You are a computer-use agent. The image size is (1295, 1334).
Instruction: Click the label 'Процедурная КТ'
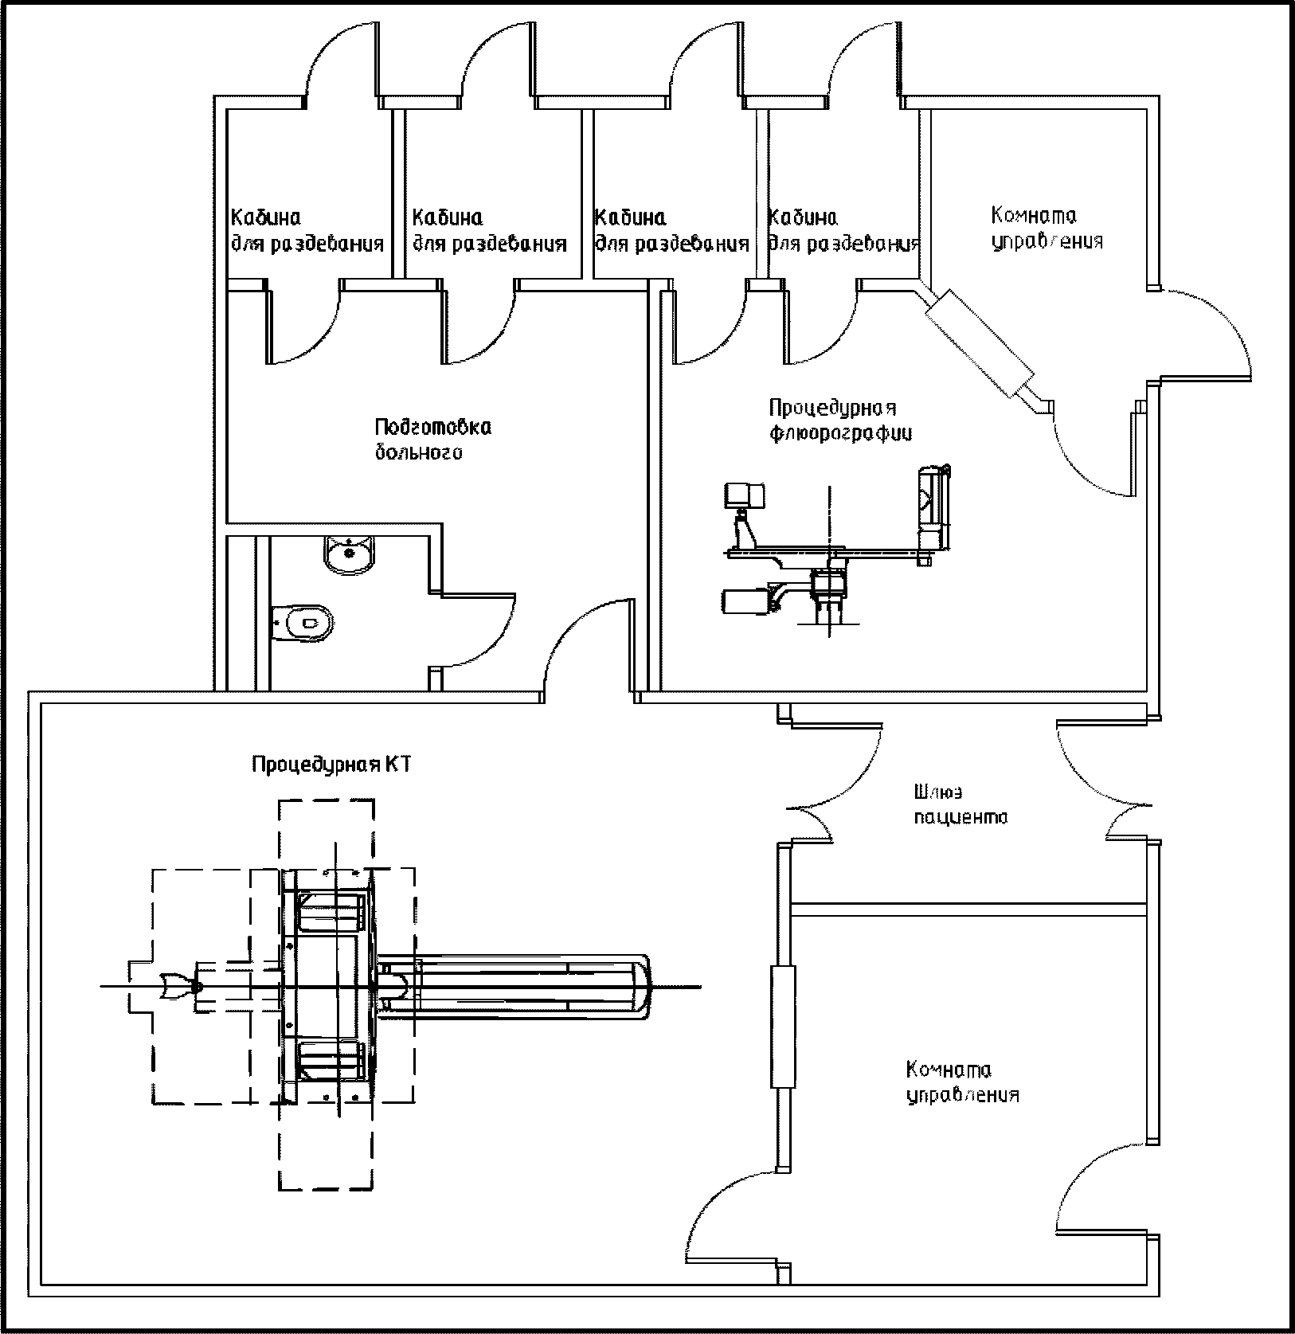point(331,765)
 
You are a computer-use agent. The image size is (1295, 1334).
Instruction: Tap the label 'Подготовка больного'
point(433,440)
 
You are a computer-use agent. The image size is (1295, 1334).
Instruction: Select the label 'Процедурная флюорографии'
point(840,421)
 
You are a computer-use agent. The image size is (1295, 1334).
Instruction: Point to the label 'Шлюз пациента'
point(960,804)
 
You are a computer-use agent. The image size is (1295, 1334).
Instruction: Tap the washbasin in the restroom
point(348,554)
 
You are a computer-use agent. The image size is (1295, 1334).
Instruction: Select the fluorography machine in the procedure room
point(836,550)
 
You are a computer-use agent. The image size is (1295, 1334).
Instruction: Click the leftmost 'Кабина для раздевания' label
point(307,230)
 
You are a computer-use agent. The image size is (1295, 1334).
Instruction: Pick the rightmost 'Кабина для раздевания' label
point(844,230)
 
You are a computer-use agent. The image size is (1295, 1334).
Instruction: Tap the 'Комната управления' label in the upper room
point(1047,228)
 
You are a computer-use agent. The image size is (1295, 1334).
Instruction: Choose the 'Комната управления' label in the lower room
point(964,1082)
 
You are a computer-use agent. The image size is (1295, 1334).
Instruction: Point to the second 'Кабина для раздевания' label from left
point(489,230)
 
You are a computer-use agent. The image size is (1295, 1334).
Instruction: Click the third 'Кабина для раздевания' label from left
point(672,230)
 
